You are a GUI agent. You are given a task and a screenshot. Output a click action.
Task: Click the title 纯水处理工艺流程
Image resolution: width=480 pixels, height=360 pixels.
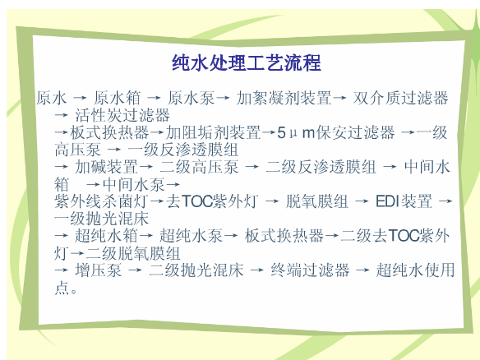pos(247,62)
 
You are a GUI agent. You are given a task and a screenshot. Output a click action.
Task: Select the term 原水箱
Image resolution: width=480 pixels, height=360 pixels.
pos(117,98)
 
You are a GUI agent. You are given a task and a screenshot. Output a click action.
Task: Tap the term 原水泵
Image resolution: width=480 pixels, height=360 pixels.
pos(192,98)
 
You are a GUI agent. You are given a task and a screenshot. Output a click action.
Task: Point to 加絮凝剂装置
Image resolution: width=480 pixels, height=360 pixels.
pos(284,98)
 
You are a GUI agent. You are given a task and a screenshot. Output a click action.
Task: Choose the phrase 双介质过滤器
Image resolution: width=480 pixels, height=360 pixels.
pos(401,98)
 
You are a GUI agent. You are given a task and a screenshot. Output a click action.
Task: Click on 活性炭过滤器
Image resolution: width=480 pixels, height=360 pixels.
pos(122,115)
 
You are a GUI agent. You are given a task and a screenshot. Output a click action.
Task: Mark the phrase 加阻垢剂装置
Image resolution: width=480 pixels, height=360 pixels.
pos(214,132)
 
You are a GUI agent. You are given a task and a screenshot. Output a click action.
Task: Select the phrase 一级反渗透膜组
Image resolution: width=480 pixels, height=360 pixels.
pos(183,150)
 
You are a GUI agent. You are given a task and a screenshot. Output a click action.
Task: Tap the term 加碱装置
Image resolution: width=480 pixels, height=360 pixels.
pos(106,167)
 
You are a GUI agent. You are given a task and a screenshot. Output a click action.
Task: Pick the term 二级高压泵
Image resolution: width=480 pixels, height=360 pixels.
pos(199,167)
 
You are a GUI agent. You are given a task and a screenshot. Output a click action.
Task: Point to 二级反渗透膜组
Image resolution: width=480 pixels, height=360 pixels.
pos(321,167)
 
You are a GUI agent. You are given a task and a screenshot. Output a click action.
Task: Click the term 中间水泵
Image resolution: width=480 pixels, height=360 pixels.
pos(134,184)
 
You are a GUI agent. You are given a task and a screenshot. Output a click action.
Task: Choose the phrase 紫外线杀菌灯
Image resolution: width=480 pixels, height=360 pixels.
pos(101,201)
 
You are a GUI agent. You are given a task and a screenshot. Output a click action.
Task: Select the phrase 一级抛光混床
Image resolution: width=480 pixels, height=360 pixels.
pos(101,219)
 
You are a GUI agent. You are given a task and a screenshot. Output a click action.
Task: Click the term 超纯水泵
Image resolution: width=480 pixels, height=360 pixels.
pos(191,236)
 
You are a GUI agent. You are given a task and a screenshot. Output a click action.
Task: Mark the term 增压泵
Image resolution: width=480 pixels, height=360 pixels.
pos(99,270)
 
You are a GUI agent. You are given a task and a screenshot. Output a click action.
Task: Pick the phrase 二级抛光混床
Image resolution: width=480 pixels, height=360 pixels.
pos(196,270)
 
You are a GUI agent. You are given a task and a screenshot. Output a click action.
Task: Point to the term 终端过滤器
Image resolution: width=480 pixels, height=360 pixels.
pos(310,270)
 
